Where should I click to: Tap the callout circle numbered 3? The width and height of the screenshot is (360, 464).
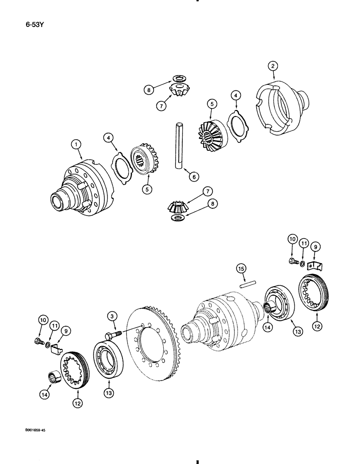(112, 316)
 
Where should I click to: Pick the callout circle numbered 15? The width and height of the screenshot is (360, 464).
(242, 269)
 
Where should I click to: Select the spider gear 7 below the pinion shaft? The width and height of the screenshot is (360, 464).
(178, 205)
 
